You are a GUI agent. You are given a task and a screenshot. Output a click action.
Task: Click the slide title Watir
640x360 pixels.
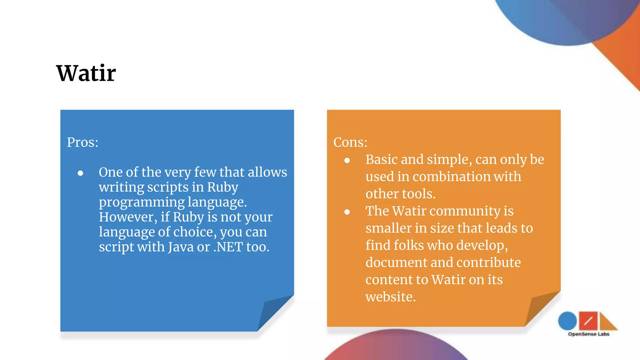click(86, 73)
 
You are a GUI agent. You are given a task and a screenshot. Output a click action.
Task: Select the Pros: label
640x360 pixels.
click(82, 142)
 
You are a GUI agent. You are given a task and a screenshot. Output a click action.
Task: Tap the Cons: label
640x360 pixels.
click(350, 142)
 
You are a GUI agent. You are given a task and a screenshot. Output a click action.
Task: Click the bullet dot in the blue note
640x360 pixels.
click(80, 173)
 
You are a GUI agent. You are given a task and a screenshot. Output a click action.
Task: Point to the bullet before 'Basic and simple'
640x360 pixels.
click(347, 161)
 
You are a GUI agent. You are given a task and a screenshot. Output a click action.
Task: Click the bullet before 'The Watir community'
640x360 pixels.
click(347, 212)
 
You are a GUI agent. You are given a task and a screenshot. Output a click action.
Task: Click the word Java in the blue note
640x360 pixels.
click(181, 247)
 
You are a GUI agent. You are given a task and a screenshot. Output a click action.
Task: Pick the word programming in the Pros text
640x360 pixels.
click(142, 202)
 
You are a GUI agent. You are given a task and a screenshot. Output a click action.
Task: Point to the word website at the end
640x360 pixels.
click(390, 297)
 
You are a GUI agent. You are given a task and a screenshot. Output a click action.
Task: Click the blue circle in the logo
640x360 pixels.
click(567, 321)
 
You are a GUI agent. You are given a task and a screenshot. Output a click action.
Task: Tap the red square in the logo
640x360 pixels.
click(588, 321)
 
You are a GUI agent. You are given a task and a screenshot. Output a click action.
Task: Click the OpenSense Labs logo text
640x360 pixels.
click(588, 334)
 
